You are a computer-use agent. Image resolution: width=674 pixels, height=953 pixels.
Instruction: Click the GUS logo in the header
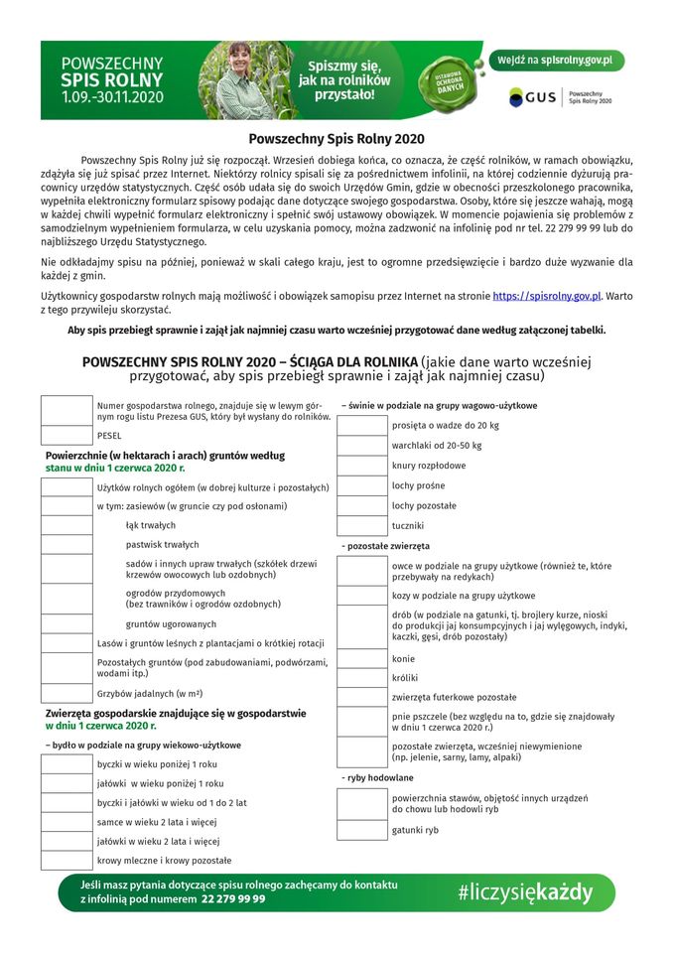[532, 97]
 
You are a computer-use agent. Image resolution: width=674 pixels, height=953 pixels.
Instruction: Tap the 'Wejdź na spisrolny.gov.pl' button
[557, 61]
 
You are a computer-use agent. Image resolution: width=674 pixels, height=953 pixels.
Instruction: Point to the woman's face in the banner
[241, 60]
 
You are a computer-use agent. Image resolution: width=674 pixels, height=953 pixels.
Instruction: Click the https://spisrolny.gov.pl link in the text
[547, 296]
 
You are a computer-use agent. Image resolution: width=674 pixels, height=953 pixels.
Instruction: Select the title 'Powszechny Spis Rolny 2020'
[337, 140]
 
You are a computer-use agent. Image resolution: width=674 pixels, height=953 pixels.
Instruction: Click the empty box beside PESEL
[67, 435]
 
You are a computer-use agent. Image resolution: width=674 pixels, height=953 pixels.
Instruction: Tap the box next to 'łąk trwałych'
[67, 525]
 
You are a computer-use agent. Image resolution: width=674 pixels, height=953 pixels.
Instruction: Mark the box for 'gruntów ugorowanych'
[67, 623]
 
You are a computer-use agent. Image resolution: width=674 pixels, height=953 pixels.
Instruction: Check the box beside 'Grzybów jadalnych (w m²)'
[67, 693]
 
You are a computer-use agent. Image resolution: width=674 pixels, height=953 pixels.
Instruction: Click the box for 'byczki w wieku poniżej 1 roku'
[67, 764]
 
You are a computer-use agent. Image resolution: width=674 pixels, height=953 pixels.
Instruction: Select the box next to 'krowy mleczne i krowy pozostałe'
[67, 861]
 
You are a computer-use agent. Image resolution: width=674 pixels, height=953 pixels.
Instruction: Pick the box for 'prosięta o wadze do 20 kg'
[362, 426]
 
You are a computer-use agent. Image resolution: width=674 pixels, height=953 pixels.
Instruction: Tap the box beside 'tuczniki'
[362, 526]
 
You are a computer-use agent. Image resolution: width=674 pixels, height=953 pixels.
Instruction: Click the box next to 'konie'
[362, 659]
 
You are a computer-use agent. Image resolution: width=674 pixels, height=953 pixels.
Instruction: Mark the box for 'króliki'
[362, 678]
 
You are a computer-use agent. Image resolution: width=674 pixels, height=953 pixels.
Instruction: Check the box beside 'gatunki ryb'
[362, 830]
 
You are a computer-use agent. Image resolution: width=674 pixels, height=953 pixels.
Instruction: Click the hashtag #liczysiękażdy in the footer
[524, 891]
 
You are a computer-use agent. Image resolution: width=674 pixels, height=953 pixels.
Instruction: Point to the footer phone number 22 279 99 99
[233, 899]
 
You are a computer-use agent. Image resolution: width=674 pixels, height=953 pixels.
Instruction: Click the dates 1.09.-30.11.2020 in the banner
[112, 98]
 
